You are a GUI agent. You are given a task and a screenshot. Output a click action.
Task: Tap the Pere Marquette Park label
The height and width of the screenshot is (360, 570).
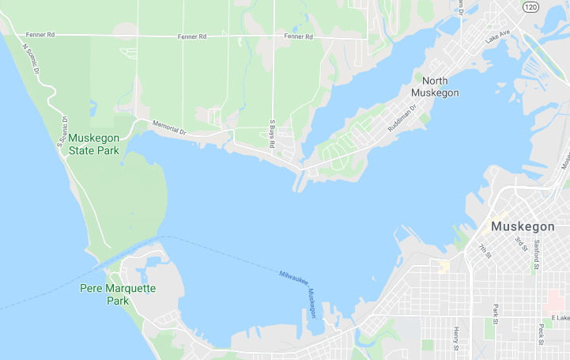point(118,294)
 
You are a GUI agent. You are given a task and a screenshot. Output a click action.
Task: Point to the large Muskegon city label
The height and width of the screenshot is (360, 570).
point(523,226)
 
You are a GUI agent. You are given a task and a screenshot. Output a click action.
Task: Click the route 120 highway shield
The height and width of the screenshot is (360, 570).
point(530,6)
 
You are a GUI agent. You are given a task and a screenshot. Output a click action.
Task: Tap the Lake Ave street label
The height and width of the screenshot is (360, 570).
point(498,37)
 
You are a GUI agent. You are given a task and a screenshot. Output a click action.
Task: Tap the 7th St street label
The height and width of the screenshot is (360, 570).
point(484,251)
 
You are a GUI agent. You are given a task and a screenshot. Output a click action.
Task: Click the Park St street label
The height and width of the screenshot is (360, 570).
point(496,313)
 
